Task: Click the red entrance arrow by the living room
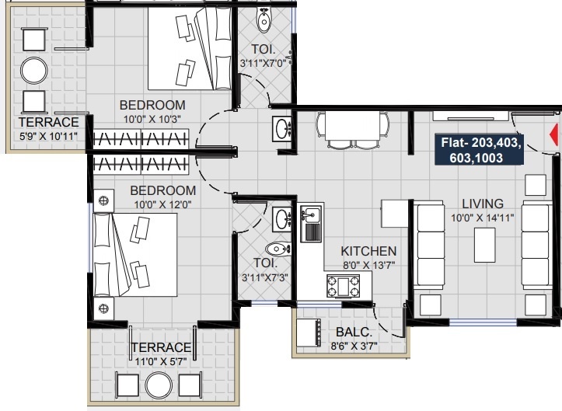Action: point(555,134)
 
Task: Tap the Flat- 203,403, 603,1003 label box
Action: point(479,150)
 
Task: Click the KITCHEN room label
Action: point(368,251)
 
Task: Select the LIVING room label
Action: point(483,204)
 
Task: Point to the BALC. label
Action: point(354,333)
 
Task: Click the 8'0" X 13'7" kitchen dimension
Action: point(368,265)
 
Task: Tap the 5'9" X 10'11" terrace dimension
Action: point(48,136)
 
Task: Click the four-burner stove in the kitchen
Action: point(343,286)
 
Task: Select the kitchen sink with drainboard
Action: point(311,224)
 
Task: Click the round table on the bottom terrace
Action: point(159,385)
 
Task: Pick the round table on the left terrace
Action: point(34,71)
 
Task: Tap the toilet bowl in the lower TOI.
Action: point(278,249)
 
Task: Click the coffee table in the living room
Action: point(484,245)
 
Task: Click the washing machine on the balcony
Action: point(309,333)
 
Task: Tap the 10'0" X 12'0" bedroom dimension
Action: point(162,204)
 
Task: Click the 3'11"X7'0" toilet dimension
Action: point(264,64)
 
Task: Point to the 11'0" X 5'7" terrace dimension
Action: point(161,361)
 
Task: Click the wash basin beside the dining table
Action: point(283,129)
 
